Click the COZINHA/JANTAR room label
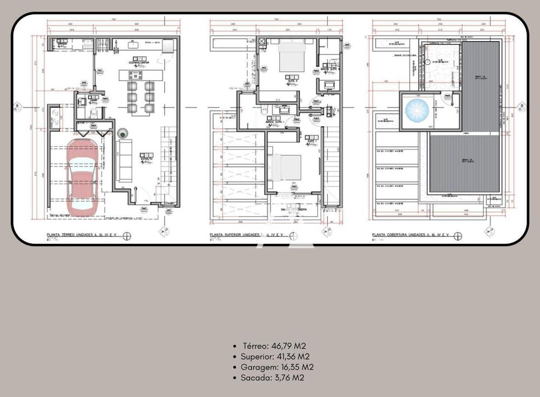(139, 63)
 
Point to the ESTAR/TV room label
(146, 155)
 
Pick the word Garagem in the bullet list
(259, 367)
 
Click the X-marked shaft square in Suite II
(262, 41)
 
